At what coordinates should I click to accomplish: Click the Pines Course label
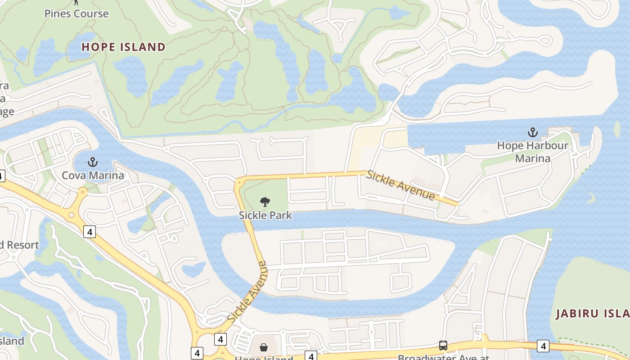point(76,13)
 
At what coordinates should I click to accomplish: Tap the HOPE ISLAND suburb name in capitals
point(124,47)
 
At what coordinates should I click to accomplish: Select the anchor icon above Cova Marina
point(93,162)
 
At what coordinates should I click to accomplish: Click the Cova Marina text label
point(93,175)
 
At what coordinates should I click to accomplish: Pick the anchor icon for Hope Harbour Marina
point(533,132)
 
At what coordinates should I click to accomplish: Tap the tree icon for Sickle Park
point(265,202)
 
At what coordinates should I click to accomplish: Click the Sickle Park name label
point(265,215)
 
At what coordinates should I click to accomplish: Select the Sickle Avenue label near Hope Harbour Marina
point(400,185)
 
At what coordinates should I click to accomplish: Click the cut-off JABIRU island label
point(592,314)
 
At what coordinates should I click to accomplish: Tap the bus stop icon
point(443,346)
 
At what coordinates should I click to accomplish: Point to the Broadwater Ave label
point(443,357)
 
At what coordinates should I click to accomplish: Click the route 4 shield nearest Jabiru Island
point(543,346)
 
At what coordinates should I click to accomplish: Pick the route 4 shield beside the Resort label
point(90,232)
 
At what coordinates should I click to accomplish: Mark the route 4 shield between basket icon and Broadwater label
point(310,356)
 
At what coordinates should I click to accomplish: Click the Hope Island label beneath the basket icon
point(264,358)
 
